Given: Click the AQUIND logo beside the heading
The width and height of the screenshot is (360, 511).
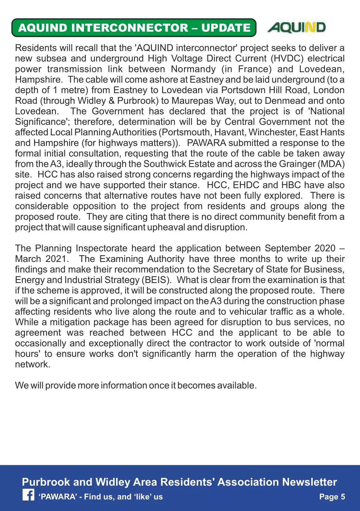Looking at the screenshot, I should (x=296, y=27).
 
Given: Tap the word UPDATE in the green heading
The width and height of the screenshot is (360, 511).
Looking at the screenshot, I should (x=226, y=28).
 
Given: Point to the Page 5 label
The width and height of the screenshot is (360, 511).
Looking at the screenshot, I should (x=332, y=496).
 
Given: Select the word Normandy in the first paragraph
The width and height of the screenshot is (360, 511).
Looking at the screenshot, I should (x=193, y=69).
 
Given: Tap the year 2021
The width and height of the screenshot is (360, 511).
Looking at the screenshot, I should (x=56, y=259).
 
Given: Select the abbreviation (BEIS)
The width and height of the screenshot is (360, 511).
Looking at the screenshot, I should (x=156, y=280).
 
